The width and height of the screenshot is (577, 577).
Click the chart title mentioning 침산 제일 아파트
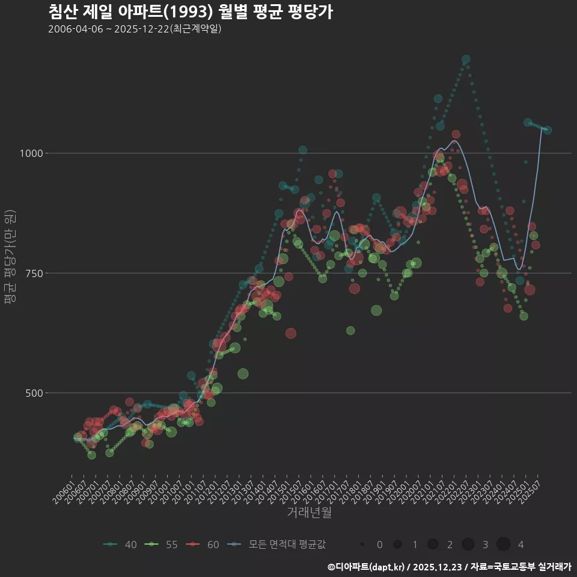[x=190, y=12]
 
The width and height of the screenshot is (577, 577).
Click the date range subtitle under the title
[x=135, y=29]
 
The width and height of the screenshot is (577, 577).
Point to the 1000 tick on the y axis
[x=31, y=153]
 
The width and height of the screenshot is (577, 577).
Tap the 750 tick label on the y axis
[x=34, y=273]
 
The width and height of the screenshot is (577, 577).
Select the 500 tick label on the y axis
[x=34, y=393]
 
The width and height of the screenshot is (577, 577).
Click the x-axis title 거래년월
[x=309, y=512]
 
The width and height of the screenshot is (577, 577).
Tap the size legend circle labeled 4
[x=504, y=545]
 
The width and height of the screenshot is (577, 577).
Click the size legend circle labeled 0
[x=362, y=545]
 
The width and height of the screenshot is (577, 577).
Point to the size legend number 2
[x=450, y=545]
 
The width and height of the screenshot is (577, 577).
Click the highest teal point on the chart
[x=466, y=60]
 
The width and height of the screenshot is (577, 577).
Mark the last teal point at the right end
[x=548, y=130]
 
